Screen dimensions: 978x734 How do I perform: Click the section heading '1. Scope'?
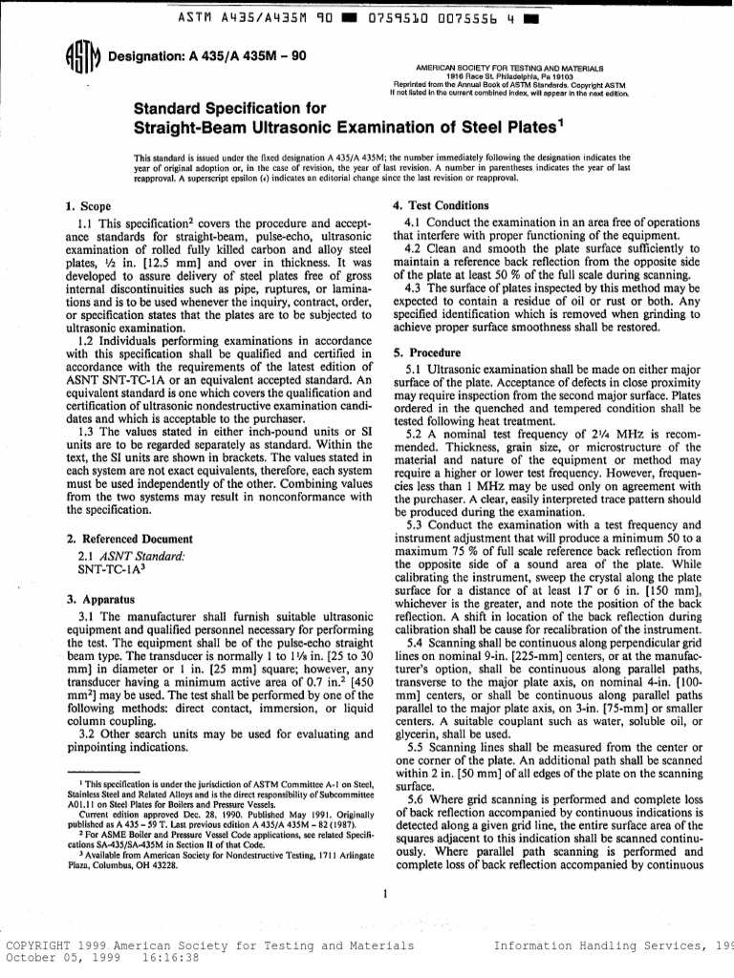pyautogui.click(x=87, y=206)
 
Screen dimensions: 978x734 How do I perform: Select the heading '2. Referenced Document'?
pyautogui.click(x=117, y=540)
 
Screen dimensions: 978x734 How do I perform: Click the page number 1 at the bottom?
pyautogui.click(x=381, y=895)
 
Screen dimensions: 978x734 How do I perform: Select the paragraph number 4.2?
pyautogui.click(x=416, y=249)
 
